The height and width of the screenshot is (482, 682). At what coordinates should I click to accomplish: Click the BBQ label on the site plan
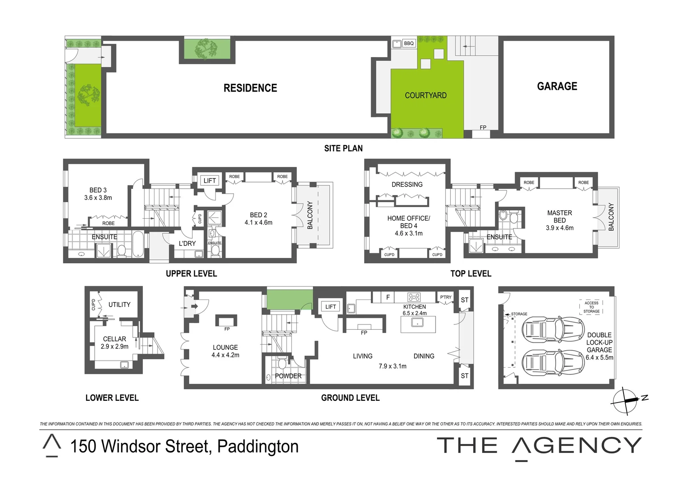409,43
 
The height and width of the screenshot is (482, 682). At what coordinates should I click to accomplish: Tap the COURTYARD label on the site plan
425,95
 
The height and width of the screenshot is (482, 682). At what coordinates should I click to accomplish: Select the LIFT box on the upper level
209,180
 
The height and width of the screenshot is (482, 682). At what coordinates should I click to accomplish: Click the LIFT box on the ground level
330,307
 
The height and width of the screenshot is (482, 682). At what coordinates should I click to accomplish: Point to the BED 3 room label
98,190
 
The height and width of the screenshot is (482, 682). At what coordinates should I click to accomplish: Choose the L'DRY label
187,243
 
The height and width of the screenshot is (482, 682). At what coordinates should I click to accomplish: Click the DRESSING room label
407,184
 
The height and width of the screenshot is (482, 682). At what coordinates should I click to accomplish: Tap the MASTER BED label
559,216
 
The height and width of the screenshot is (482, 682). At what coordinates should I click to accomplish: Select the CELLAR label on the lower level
114,339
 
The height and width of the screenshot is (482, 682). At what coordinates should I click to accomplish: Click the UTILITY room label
119,304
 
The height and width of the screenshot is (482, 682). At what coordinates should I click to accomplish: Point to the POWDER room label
288,376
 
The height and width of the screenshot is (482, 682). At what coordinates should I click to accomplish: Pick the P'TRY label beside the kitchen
445,297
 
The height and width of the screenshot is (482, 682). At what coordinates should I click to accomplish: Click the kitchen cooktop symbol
414,297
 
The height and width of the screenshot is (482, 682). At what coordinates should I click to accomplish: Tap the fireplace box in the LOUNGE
226,320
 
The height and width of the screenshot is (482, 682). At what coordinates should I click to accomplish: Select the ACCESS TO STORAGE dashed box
591,307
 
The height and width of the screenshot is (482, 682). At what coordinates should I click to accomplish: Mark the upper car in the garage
553,330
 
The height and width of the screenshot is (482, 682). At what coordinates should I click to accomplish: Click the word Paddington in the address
258,446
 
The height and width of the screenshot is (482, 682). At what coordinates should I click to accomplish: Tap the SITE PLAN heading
343,148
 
